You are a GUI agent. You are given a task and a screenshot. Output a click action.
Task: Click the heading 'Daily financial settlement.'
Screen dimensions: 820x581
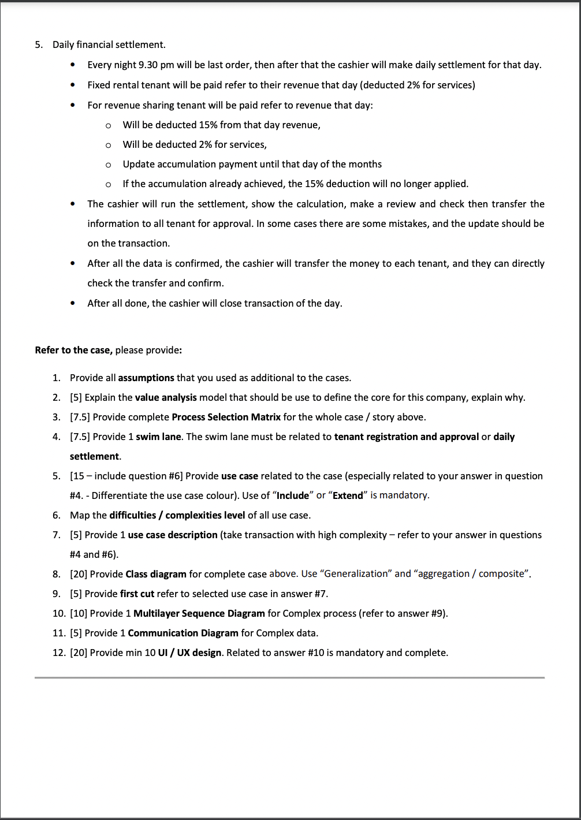coord(109,44)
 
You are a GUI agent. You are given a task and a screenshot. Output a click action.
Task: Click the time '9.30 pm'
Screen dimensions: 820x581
coord(157,65)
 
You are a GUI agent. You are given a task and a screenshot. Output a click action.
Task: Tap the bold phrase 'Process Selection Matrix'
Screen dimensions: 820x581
coord(226,417)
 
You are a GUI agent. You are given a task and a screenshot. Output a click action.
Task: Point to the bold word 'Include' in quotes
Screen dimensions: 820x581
coord(293,495)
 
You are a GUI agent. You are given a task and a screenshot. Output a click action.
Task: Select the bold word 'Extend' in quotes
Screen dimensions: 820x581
coord(348,495)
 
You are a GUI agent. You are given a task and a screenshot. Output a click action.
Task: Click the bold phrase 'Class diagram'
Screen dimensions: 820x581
coord(156,574)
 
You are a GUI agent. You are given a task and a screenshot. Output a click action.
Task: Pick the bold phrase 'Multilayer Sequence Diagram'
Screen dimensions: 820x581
coord(199,613)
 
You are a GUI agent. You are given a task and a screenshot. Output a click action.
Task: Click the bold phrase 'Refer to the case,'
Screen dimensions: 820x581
coord(73,350)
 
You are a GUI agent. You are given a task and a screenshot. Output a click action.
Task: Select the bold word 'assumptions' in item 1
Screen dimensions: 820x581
coord(146,378)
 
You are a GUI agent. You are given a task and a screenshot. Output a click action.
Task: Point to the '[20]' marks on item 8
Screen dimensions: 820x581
coord(79,574)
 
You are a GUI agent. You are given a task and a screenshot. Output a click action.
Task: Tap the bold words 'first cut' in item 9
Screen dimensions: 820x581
coord(137,594)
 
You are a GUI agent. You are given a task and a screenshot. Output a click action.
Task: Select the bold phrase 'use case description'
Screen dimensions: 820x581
coord(173,535)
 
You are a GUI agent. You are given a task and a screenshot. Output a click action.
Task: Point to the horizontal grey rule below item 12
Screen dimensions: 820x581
coord(289,677)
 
